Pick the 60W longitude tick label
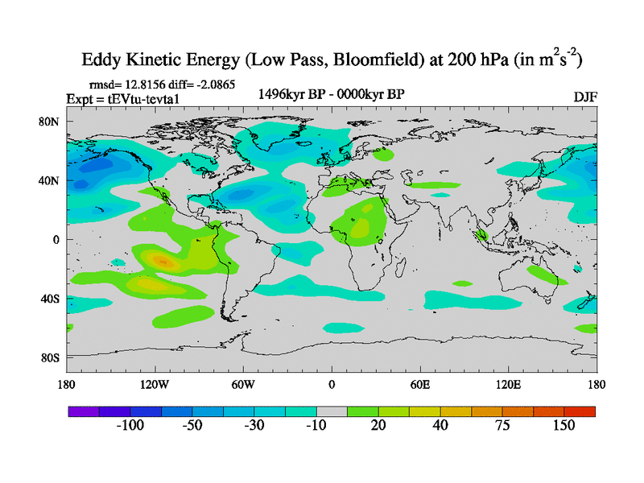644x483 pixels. click(x=243, y=385)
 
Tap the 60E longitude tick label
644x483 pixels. click(x=420, y=385)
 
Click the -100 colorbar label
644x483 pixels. click(x=130, y=425)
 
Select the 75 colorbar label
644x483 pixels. click(x=502, y=425)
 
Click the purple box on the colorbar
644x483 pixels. click(x=84, y=411)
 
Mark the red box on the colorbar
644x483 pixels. click(x=580, y=411)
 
